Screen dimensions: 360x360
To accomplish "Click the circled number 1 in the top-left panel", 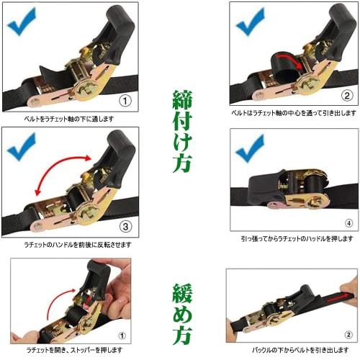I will click(125, 100).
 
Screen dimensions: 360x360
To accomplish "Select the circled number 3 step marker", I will click(125, 226).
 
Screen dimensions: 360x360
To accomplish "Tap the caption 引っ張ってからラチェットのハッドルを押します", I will click(296, 238).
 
